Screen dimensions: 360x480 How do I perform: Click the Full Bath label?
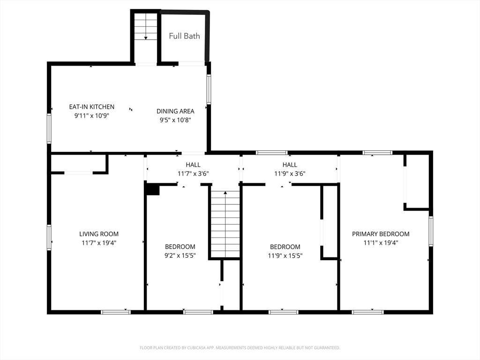click(184, 36)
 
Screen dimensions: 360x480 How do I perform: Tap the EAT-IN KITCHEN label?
click(92, 107)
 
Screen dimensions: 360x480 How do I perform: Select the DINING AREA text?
click(175, 111)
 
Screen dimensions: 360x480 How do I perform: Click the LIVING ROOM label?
click(99, 234)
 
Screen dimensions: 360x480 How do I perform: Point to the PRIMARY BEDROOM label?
click(381, 234)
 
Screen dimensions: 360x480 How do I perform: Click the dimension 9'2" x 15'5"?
click(180, 255)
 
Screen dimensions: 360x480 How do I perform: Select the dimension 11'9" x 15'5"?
click(285, 255)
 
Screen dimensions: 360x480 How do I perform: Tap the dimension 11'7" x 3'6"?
click(193, 173)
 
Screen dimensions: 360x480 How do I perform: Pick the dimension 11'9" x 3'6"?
click(290, 173)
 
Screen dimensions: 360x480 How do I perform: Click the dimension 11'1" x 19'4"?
click(381, 243)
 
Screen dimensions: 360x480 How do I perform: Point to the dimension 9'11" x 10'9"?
click(92, 115)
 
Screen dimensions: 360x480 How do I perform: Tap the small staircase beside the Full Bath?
click(146, 27)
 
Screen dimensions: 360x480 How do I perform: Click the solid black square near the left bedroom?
click(152, 189)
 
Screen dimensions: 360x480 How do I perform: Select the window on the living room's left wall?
click(49, 237)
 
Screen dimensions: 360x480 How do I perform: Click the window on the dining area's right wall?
click(209, 89)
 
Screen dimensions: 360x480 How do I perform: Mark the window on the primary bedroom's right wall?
click(431, 231)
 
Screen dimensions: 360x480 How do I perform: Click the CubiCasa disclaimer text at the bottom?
click(240, 348)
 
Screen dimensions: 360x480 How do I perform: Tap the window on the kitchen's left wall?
click(49, 128)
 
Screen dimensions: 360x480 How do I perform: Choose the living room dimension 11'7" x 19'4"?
click(99, 243)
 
